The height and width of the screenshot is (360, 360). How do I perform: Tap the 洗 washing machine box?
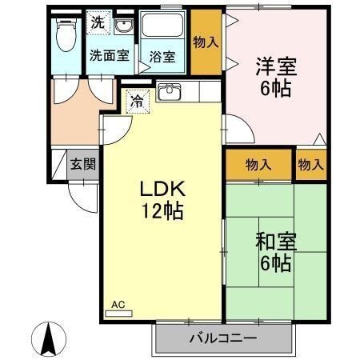[x=97, y=23]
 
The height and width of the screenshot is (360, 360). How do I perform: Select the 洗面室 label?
[x=107, y=56]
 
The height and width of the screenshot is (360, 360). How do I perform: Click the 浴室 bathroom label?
[x=162, y=57]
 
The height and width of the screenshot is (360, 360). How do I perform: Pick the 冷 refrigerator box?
[x=137, y=101]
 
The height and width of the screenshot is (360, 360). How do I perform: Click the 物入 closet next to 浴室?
[x=206, y=42]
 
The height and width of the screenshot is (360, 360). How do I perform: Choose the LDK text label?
[x=163, y=190]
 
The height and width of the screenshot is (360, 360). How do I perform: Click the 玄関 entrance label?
[x=82, y=165]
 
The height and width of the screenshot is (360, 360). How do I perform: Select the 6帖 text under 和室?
[x=274, y=262]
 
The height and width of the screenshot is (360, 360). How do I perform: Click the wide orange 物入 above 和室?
[x=258, y=165]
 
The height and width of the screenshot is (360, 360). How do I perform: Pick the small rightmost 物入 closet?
[x=310, y=165]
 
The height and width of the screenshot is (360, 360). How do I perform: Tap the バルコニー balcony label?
[x=223, y=338]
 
